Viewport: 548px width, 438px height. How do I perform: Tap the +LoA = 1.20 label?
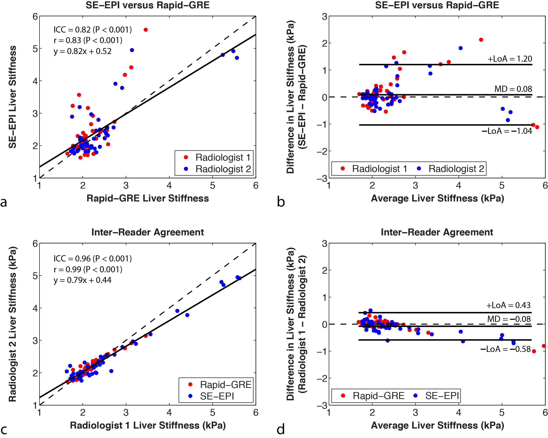click(510, 59)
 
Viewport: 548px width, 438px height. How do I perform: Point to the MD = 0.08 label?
click(513, 89)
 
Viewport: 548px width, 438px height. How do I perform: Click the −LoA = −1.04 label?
click(507, 131)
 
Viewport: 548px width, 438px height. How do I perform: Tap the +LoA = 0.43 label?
click(508, 305)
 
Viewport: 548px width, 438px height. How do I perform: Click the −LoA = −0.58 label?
click(505, 349)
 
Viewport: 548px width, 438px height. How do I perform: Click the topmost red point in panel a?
click(146, 30)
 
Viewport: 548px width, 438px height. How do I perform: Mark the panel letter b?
click(281, 202)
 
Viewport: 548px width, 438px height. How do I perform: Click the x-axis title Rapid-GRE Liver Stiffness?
click(148, 198)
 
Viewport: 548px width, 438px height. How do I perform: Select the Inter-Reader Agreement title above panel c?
click(148, 232)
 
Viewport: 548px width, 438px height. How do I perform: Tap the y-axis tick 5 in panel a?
click(35, 49)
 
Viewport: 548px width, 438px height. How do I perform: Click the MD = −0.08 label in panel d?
click(509, 319)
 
